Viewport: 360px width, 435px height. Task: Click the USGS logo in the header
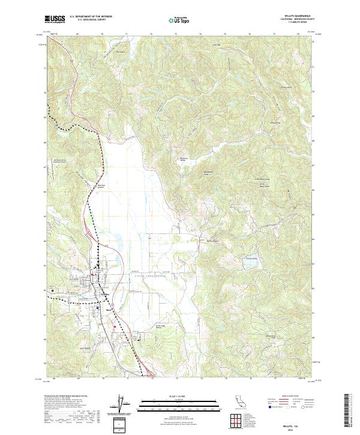pos(57,19)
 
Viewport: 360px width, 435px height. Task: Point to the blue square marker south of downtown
pos(98,307)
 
